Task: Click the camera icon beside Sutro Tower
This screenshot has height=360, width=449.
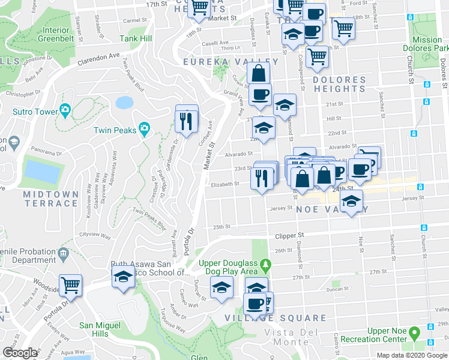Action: [x=64, y=110]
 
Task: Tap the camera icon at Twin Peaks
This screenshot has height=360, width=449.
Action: [x=144, y=129]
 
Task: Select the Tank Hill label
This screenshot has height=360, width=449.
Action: [x=136, y=39]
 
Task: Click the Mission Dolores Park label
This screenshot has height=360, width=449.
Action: [x=427, y=44]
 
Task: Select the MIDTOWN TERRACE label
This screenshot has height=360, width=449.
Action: [x=50, y=199]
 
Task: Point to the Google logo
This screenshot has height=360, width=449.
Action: [x=20, y=353]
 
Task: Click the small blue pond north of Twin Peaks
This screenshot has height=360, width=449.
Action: [x=124, y=102]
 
